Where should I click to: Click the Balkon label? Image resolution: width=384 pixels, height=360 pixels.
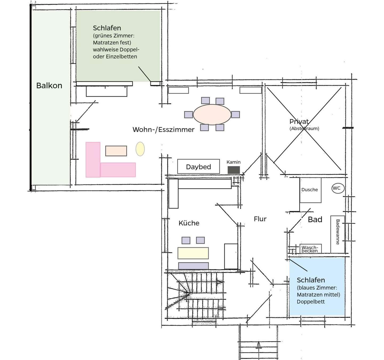(x=49, y=86)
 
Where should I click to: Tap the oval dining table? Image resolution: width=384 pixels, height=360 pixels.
(x=212, y=114)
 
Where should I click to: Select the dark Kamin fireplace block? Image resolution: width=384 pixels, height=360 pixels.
(x=234, y=170)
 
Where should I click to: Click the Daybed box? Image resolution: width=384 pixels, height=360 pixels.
(x=198, y=167)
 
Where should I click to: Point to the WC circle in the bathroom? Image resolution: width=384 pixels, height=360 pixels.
(x=338, y=188)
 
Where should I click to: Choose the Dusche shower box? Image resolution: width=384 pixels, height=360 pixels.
(x=310, y=190)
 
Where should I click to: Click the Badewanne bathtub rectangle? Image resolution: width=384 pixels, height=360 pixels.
(x=338, y=234)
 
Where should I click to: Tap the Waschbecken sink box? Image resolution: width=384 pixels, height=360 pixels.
(x=310, y=249)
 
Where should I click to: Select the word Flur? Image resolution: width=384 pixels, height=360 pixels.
(x=260, y=219)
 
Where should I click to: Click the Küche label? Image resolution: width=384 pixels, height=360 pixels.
(x=189, y=223)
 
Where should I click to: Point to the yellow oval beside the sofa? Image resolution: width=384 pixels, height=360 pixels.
(x=140, y=149)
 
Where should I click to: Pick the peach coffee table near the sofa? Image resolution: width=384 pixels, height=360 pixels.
(x=116, y=151)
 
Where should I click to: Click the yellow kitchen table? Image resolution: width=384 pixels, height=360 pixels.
(x=193, y=253)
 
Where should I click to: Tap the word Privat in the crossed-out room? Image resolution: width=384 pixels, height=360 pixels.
(x=299, y=122)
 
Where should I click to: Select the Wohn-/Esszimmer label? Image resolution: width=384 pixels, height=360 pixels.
(x=163, y=130)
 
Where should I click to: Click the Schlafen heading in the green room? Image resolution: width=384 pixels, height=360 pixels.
(x=107, y=28)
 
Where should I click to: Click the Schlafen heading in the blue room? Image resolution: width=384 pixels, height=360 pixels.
(x=311, y=280)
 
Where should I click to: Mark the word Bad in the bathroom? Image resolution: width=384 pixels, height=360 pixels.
(x=315, y=219)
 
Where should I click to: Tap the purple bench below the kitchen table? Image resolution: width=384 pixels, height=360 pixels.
(x=193, y=266)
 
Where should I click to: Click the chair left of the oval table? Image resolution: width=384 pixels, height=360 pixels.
(x=188, y=115)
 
